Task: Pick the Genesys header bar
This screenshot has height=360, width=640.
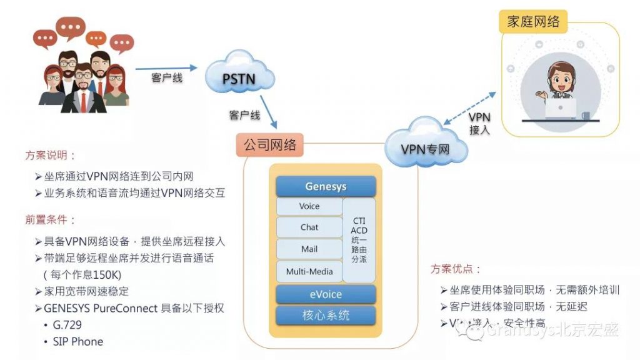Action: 326,186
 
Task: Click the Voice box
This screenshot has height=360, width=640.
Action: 309,206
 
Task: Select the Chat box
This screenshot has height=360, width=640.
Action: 309,227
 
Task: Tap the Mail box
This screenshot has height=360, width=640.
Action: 309,249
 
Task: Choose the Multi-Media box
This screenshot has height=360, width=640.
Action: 309,271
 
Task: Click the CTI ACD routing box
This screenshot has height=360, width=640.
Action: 359,240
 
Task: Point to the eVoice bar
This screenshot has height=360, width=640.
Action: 326,294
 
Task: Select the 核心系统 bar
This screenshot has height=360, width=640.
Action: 326,315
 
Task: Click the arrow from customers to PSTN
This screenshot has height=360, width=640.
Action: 166,67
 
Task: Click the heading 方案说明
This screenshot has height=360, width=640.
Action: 51,156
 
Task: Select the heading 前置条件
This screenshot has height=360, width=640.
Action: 51,220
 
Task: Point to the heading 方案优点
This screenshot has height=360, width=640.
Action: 456,269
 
